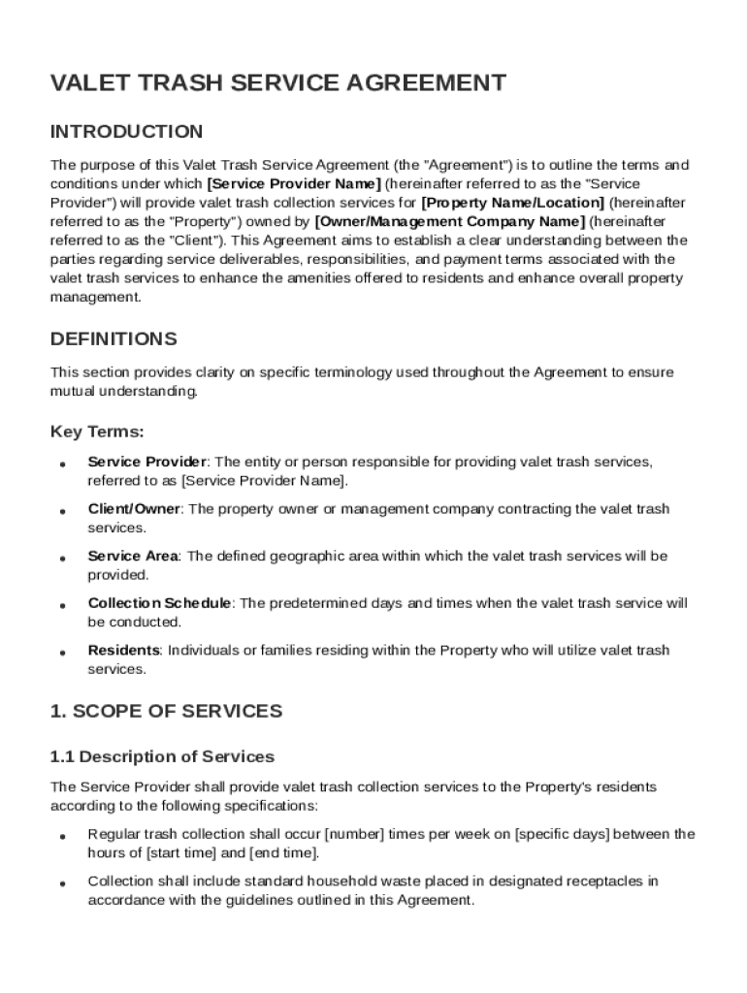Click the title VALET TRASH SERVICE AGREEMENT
[277, 83]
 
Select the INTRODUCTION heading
[126, 132]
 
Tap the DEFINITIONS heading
[114, 339]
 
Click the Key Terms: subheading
[97, 432]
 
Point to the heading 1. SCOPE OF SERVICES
[166, 712]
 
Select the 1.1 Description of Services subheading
[162, 756]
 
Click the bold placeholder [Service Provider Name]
[294, 183]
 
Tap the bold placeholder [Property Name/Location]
[512, 203]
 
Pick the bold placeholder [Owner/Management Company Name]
[450, 221]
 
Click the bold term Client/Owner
[134, 509]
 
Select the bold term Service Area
[133, 557]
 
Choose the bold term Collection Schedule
[159, 603]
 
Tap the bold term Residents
[123, 651]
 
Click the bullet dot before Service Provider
[62, 464]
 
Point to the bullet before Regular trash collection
[62, 836]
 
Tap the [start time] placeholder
[181, 853]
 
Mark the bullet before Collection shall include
[62, 883]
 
